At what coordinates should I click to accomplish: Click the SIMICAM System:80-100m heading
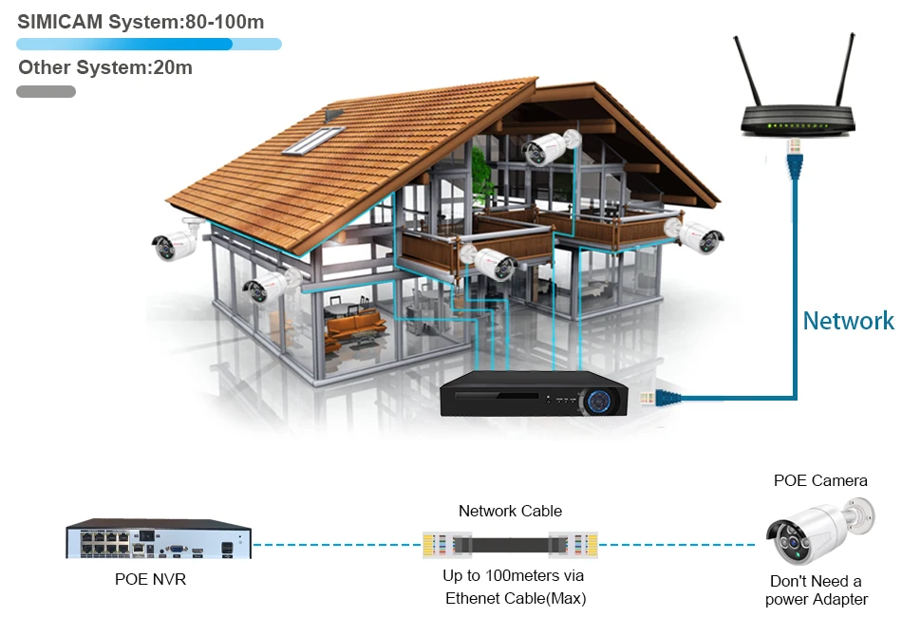point(141,21)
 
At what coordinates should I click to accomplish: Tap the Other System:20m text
point(105,67)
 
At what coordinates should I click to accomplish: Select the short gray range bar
point(46,92)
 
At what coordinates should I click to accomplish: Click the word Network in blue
point(848,321)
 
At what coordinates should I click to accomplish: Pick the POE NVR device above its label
point(158,540)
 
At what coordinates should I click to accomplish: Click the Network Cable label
point(510,511)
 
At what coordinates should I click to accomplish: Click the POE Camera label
point(820,480)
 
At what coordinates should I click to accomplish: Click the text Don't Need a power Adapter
point(817,589)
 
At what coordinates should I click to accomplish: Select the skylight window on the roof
point(313,139)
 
